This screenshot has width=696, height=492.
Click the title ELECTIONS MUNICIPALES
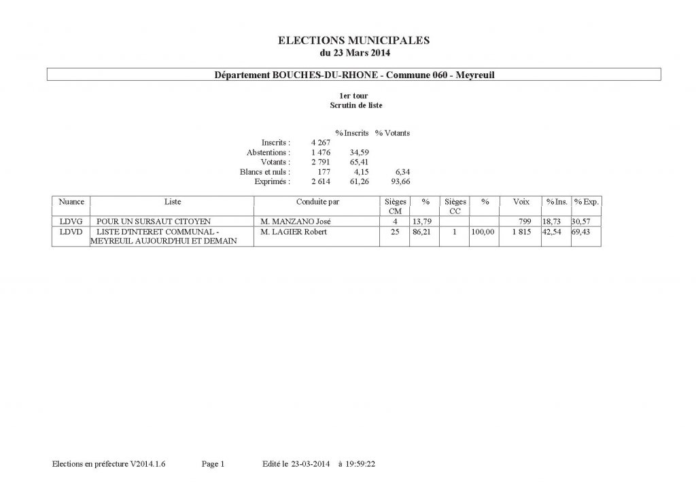(x=354, y=41)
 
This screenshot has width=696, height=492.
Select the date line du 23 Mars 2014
(x=354, y=52)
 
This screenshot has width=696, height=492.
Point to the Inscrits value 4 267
(x=320, y=143)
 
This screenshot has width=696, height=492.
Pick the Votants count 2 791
(x=320, y=162)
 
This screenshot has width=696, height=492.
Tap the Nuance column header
(x=71, y=202)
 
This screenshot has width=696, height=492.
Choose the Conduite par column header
(x=317, y=202)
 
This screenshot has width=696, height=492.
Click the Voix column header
(x=521, y=202)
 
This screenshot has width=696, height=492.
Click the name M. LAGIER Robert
(x=294, y=232)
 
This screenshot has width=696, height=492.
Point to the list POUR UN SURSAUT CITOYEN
(x=154, y=222)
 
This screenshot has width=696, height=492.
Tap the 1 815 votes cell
(x=522, y=232)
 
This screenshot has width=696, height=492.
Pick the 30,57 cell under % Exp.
(x=582, y=222)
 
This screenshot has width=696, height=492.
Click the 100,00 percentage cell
(x=481, y=232)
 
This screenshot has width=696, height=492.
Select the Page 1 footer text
(x=213, y=464)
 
